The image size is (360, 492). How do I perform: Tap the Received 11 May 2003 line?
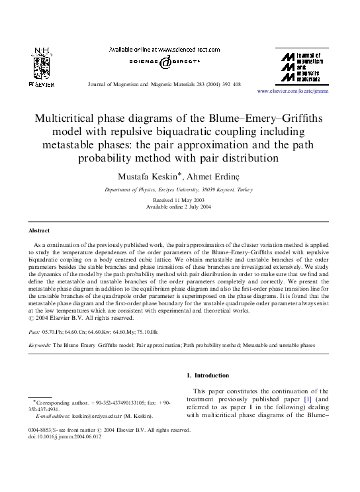pos(179,199)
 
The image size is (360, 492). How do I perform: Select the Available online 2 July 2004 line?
pos(179,207)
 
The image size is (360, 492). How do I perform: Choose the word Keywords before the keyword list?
pos(40,345)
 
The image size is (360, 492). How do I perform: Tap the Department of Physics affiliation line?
pos(179,189)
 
